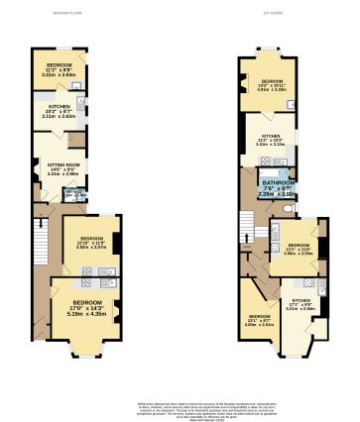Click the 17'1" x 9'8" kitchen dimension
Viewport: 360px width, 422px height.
coord(300,305)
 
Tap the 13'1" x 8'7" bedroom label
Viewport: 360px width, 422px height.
coord(258,317)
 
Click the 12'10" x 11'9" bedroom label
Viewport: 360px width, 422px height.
coord(90,239)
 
